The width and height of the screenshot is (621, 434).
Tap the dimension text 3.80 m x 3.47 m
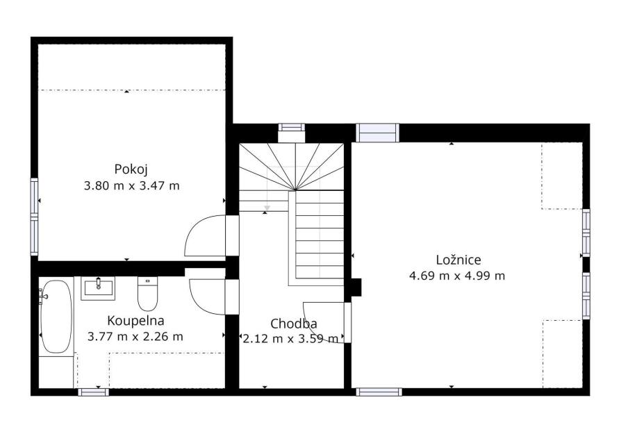131,185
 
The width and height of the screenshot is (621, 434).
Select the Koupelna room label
136,321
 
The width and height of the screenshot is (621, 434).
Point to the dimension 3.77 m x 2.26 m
135,337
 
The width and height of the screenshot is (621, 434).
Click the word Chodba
293,324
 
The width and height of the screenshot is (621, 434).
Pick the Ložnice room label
458,260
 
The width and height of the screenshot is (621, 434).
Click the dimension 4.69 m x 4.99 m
457,276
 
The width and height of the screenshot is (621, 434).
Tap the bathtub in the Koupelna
56,317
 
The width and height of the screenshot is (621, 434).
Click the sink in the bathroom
98,288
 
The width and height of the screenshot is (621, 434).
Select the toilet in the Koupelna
147,294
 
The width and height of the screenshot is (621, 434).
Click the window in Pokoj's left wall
35,216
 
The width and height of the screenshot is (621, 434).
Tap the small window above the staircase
291,127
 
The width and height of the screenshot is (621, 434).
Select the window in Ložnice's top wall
376,133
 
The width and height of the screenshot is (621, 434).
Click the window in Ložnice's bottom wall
379,392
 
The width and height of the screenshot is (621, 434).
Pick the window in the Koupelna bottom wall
93,392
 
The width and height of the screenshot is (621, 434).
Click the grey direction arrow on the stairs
267,208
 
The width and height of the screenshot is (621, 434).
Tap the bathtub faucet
42,297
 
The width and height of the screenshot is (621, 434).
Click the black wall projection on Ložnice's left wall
356,287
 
